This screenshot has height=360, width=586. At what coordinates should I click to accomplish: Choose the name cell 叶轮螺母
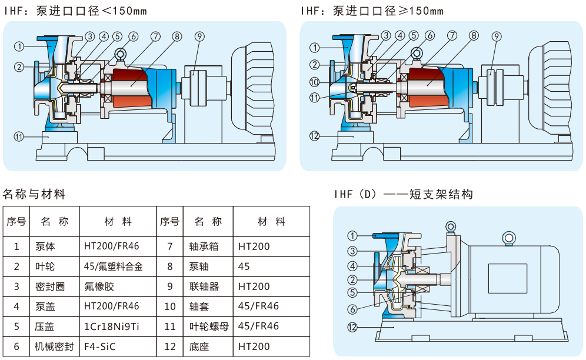click(208, 326)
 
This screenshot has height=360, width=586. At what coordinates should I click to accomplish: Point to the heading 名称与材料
click(34, 194)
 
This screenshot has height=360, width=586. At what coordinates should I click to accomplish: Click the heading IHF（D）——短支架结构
click(403, 194)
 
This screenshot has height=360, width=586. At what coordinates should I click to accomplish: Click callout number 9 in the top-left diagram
click(199, 36)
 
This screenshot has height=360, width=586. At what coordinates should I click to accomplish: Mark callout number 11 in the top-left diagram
click(19, 136)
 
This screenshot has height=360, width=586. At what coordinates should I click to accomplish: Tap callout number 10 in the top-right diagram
click(314, 82)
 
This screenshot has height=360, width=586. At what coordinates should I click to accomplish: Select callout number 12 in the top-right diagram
click(314, 136)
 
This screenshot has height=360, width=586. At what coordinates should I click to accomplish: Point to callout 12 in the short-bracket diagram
click(352, 328)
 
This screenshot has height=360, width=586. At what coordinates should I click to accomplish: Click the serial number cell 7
click(169, 246)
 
